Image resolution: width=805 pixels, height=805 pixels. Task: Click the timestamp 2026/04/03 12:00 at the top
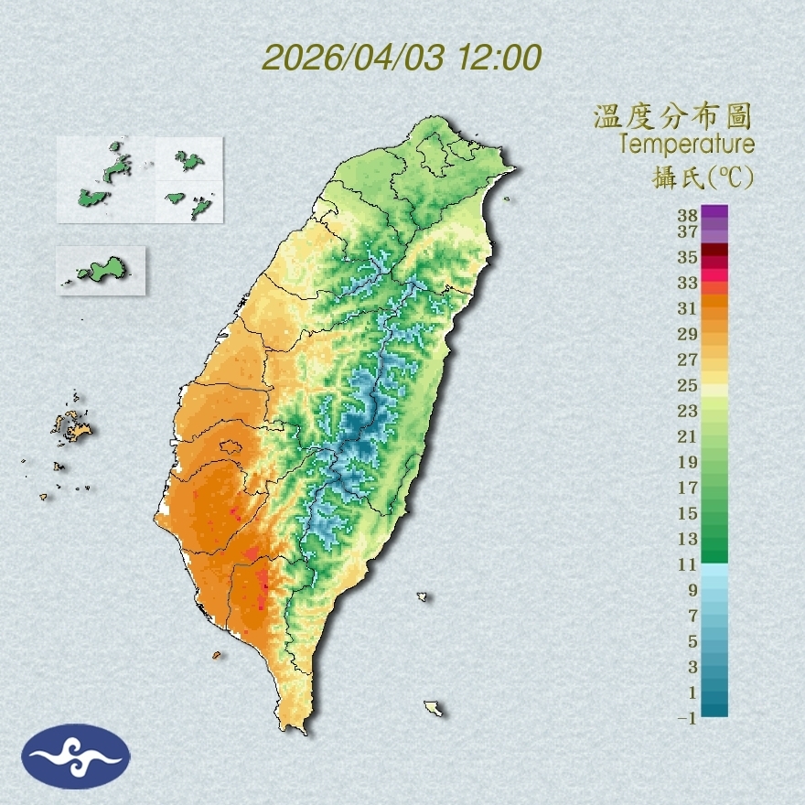(402, 58)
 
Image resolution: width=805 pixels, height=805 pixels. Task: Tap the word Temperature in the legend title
(686, 145)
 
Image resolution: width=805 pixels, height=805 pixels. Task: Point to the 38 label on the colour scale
(688, 216)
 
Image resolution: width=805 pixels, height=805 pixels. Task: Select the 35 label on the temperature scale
(688, 257)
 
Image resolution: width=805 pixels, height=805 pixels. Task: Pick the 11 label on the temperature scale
(688, 564)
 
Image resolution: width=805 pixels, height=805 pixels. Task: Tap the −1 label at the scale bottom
(686, 718)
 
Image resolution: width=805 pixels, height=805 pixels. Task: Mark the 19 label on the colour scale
(688, 461)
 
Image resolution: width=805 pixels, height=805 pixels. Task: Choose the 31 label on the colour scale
(688, 308)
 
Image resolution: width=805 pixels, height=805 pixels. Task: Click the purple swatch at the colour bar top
(715, 211)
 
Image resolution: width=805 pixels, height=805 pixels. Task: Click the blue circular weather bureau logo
(77, 757)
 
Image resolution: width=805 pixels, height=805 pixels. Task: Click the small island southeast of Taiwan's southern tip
(434, 708)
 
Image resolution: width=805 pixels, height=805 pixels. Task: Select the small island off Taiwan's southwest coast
(217, 655)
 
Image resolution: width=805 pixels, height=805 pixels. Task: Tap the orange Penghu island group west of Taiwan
(71, 425)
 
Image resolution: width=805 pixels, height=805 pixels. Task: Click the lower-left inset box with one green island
(101, 270)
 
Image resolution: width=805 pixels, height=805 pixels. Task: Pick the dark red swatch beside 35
(715, 251)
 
